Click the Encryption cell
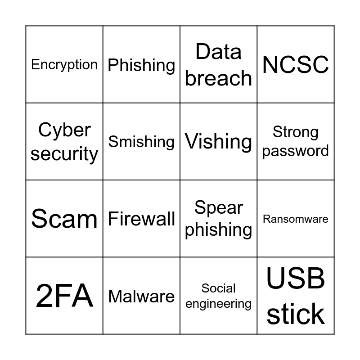tap(64, 64)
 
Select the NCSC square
tap(296, 64)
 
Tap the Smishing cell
tap(141, 142)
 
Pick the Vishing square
tap(219, 142)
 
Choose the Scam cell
tap(64, 219)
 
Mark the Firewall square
tap(141, 219)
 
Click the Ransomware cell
tap(296, 219)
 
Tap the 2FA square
tap(64, 296)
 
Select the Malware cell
tap(141, 296)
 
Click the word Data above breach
tap(219, 52)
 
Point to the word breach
tap(219, 78)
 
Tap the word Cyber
tap(64, 130)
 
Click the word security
tap(64, 153)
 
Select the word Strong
tap(296, 132)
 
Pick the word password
tap(296, 151)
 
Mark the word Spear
tap(219, 207)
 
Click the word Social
tap(219, 288)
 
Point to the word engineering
tap(219, 304)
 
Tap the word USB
tap(296, 279)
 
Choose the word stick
tap(296, 314)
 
